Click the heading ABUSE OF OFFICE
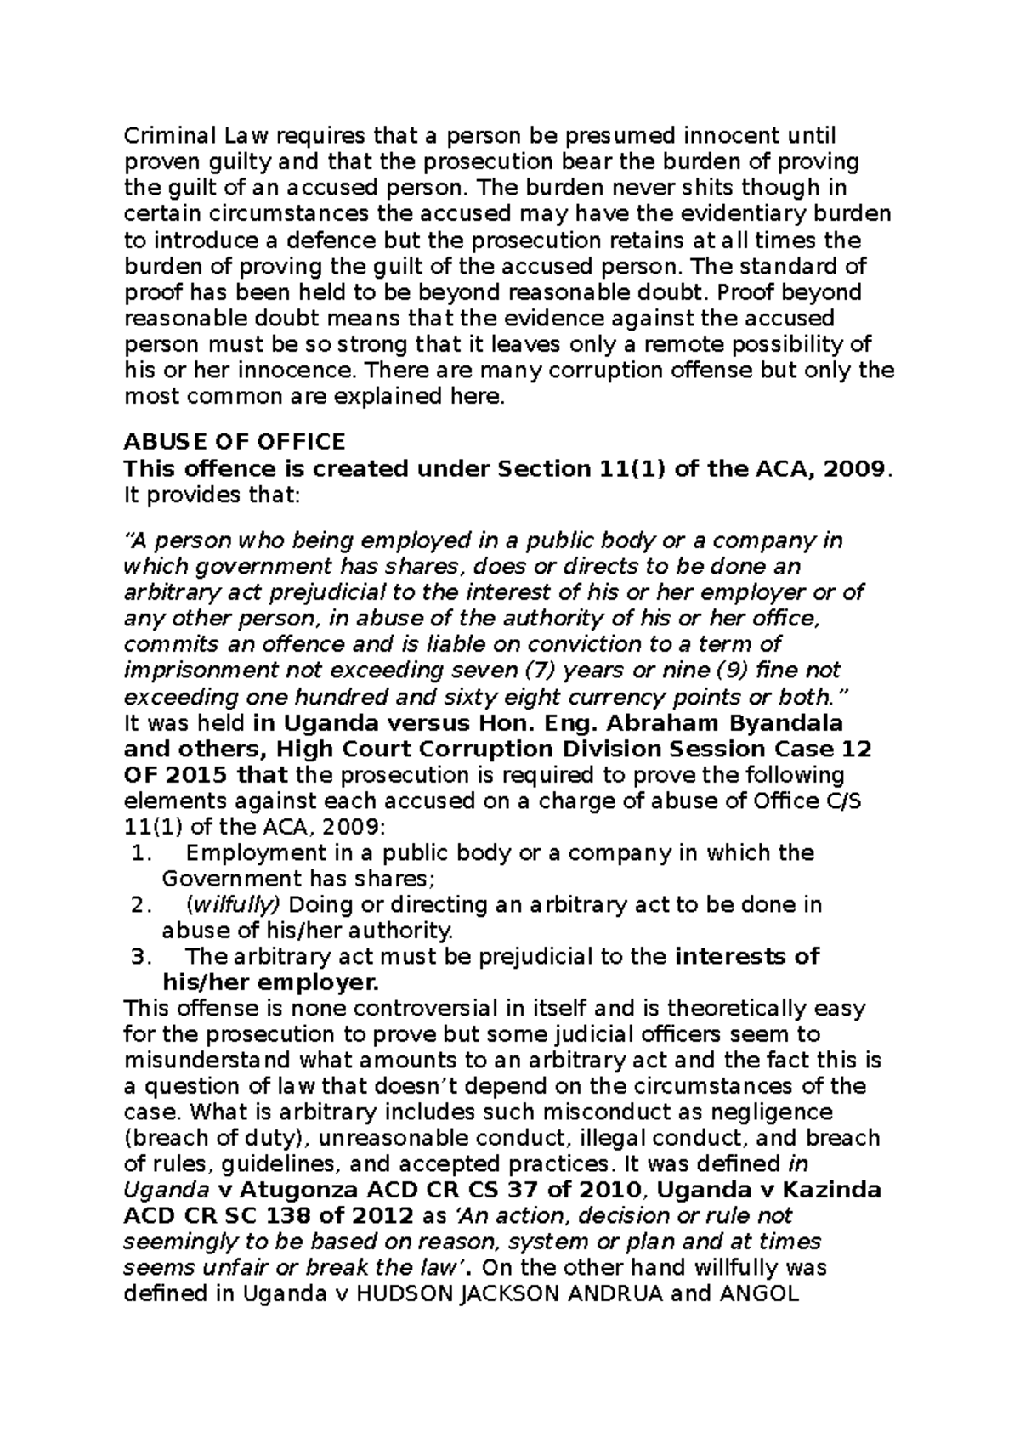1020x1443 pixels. click(x=235, y=442)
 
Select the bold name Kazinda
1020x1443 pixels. click(x=833, y=1190)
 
